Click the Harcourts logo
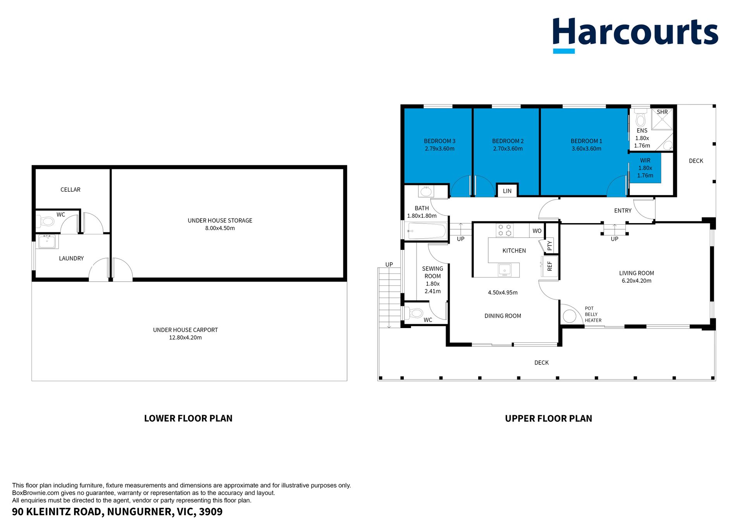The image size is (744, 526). (635, 35)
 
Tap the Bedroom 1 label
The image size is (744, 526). (586, 141)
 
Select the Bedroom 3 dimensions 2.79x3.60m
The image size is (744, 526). (439, 149)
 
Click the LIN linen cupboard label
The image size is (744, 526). (507, 191)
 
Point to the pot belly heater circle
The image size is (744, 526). (569, 316)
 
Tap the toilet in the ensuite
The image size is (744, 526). (641, 118)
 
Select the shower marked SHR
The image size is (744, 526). (662, 119)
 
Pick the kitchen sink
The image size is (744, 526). (505, 270)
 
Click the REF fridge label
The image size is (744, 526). (549, 266)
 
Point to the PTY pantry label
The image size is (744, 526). (549, 245)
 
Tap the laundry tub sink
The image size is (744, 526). (48, 242)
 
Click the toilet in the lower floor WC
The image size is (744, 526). (45, 222)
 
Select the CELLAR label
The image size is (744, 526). (71, 190)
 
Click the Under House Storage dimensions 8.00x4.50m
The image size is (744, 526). (220, 228)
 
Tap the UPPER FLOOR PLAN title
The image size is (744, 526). (548, 418)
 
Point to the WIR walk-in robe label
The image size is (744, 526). (645, 160)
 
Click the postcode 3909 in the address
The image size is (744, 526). (211, 512)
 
